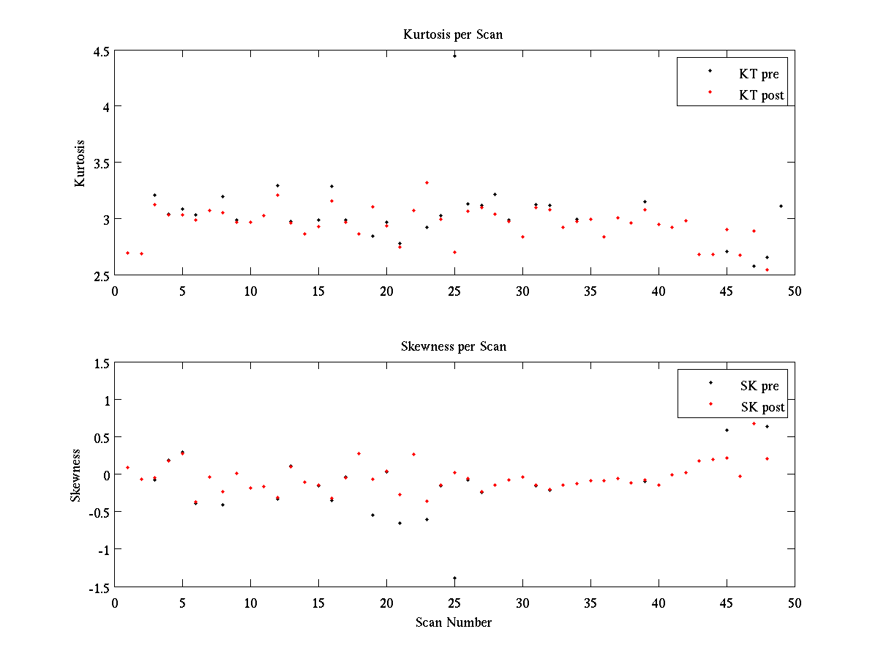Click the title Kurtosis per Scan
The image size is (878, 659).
click(x=453, y=34)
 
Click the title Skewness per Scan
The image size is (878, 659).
click(x=453, y=346)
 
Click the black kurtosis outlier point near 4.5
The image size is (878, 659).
click(x=454, y=56)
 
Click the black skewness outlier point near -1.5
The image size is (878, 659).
click(x=454, y=578)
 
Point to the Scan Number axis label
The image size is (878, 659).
click(x=454, y=623)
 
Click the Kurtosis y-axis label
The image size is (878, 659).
click(x=80, y=163)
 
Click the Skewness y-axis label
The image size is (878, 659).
click(x=75, y=475)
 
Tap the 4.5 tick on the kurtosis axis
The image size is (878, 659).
click(x=101, y=51)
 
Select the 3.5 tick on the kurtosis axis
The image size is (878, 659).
click(x=101, y=163)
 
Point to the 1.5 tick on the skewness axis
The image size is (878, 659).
click(x=101, y=363)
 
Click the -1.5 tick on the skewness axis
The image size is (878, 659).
click(x=99, y=587)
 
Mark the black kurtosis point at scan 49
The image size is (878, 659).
click(x=781, y=206)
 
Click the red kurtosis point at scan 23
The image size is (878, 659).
click(x=427, y=182)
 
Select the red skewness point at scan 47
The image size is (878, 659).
click(x=754, y=423)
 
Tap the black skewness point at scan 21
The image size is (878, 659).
click(x=399, y=523)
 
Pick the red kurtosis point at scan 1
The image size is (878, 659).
click(x=128, y=253)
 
